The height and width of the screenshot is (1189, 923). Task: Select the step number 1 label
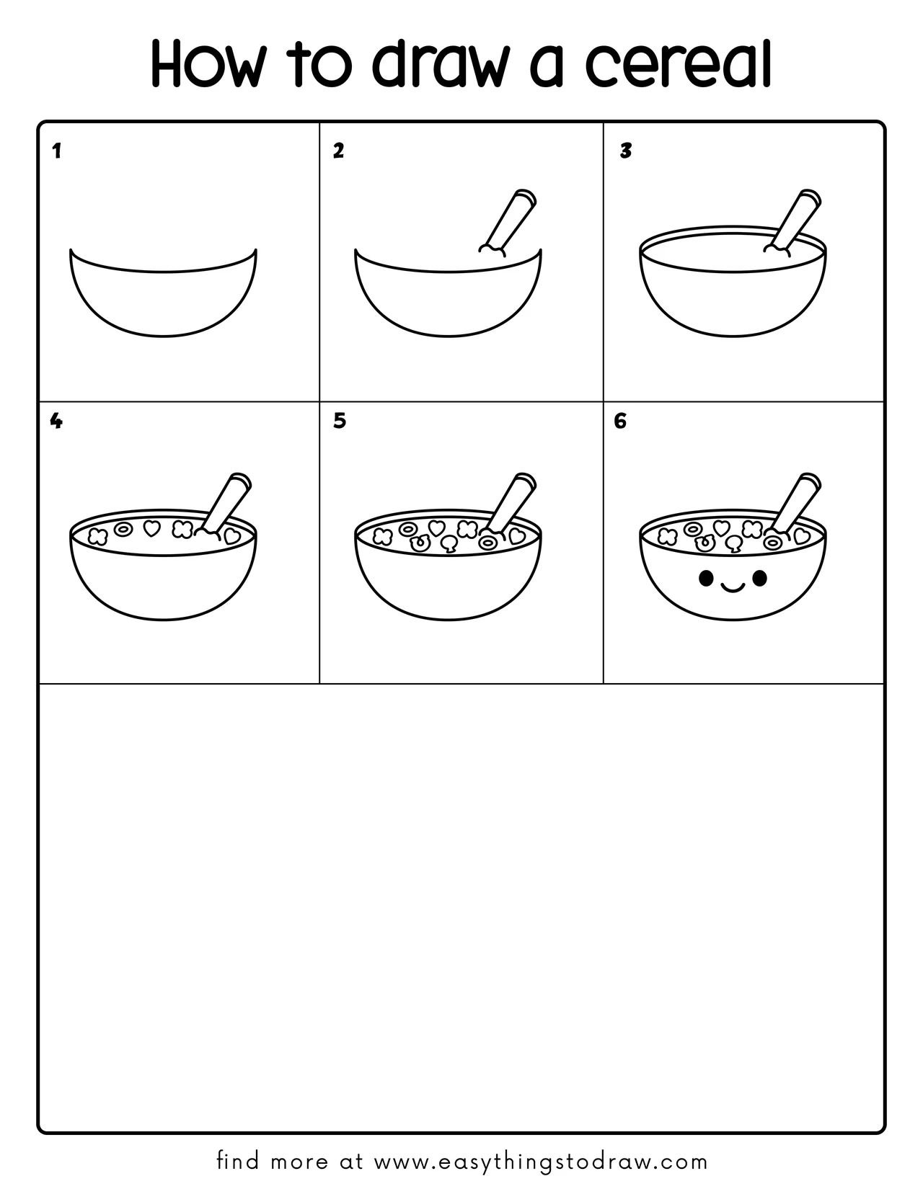pos(57,151)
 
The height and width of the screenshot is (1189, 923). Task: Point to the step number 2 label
pos(338,151)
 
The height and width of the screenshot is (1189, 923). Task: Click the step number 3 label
pos(626,151)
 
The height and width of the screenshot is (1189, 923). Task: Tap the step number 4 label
pos(56,421)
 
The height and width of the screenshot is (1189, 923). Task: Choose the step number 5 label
pos(340,421)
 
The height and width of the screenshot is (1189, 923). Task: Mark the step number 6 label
pos(620,421)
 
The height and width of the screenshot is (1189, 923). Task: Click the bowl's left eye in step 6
pos(707,577)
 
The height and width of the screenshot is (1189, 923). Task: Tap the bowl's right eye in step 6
pos(759,577)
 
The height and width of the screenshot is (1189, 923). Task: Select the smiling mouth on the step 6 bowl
pos(733,588)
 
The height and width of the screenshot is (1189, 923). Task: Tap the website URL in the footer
pos(541,1161)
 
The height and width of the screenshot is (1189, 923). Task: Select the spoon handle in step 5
pos(511,501)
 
